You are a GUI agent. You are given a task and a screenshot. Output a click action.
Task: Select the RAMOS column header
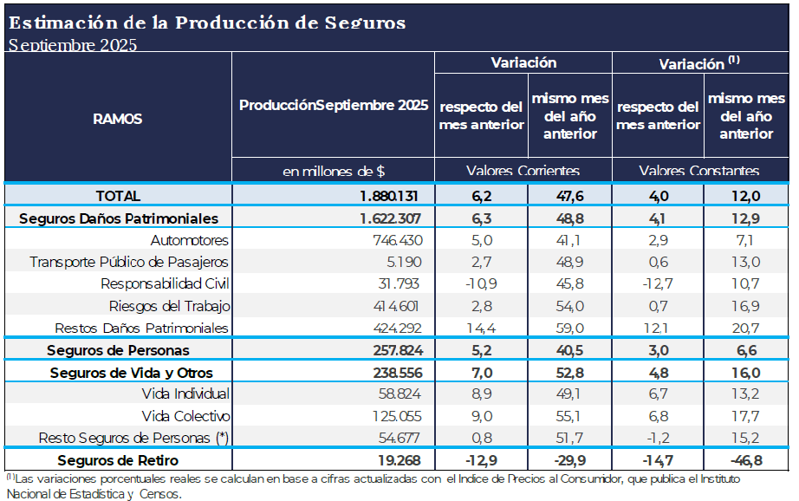pyautogui.click(x=118, y=119)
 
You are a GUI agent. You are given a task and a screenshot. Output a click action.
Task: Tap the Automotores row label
pyautogui.click(x=189, y=240)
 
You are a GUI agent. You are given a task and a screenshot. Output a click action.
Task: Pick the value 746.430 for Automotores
pyautogui.click(x=397, y=240)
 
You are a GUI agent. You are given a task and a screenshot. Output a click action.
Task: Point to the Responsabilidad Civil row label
pyautogui.click(x=165, y=283)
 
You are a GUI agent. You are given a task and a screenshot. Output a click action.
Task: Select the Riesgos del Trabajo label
pyautogui.click(x=169, y=306)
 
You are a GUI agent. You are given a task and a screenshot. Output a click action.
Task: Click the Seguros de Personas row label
pyautogui.click(x=118, y=350)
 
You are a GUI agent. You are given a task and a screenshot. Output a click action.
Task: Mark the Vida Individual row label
pyautogui.click(x=185, y=394)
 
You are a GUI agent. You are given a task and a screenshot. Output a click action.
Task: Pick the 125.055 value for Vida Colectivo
pyautogui.click(x=397, y=415)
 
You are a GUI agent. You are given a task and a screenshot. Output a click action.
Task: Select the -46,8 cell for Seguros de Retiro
pyautogui.click(x=744, y=459)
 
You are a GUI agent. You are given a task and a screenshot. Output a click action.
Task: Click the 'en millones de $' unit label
pyautogui.click(x=334, y=172)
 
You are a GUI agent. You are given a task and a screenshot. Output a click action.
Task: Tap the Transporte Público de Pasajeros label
pyautogui.click(x=129, y=262)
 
